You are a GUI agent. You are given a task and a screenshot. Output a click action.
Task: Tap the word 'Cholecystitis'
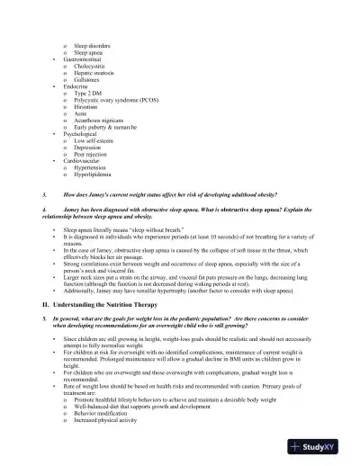(x=94, y=68)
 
